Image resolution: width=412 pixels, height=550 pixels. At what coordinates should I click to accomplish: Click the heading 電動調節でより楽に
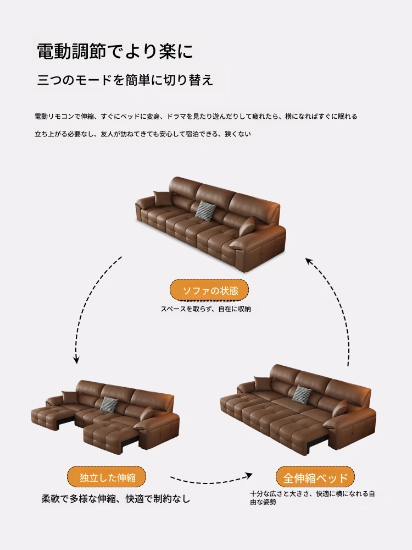[115, 51]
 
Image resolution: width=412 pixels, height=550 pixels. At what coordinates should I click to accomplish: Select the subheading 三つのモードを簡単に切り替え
[125, 80]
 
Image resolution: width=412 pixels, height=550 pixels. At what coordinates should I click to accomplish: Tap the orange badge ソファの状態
[209, 290]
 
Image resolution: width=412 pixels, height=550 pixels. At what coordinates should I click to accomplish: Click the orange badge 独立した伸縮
[107, 477]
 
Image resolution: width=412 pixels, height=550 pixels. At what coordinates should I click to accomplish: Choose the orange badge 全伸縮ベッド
[315, 477]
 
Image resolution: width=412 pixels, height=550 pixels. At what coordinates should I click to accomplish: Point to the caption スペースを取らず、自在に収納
[205, 309]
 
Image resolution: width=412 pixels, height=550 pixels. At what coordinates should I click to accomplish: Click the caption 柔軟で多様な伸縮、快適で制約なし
[115, 498]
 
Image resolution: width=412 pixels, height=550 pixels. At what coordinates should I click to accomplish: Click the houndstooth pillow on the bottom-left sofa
[108, 404]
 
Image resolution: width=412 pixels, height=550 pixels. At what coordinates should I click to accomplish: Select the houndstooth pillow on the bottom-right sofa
[302, 393]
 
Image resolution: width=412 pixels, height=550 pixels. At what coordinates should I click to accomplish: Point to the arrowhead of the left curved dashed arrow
[76, 360]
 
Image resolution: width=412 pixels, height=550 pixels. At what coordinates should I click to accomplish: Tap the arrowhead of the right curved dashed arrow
[309, 261]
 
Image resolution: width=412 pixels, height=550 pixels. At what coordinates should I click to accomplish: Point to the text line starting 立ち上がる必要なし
[143, 134]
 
